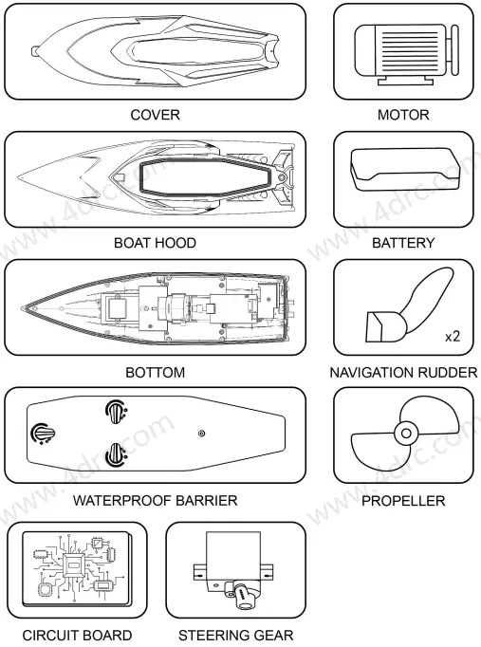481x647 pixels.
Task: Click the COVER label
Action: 156,115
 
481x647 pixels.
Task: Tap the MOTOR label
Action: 403,115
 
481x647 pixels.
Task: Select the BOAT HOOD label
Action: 156,243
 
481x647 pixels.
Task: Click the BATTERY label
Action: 403,243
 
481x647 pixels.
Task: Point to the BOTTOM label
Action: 156,372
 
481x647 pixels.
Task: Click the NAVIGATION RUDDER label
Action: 403,372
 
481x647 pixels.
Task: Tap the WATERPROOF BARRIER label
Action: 156,500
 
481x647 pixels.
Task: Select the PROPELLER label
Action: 403,500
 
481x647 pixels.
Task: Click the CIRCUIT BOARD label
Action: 77,635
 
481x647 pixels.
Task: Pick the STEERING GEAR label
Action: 236,635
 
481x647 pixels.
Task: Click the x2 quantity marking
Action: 452,337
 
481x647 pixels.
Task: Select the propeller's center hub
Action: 405,434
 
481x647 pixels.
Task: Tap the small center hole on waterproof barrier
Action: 201,434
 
